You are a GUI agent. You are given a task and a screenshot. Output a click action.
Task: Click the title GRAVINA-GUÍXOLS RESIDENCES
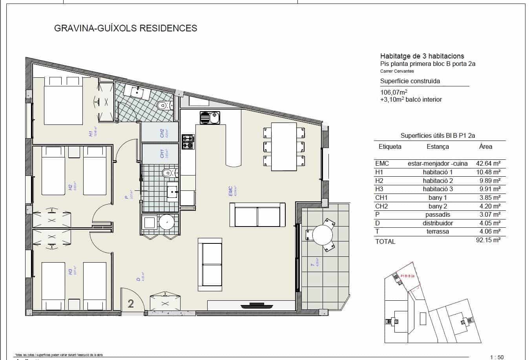click(x=125, y=28)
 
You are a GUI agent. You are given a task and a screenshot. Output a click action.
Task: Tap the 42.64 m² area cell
click(x=487, y=164)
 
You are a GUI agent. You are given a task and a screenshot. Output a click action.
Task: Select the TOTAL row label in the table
click(x=385, y=241)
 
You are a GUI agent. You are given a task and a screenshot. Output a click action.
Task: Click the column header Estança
click(x=438, y=146)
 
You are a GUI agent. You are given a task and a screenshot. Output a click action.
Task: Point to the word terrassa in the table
click(x=438, y=232)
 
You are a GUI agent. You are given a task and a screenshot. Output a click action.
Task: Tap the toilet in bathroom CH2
click(x=163, y=106)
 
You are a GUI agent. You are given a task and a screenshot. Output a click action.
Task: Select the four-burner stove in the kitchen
click(x=188, y=142)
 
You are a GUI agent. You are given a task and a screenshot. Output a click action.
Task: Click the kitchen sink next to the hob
click(x=210, y=117)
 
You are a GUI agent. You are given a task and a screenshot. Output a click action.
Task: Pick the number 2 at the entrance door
click(x=131, y=303)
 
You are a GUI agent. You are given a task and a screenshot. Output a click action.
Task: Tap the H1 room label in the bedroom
click(x=91, y=133)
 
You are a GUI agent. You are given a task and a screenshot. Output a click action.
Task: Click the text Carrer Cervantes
click(x=397, y=71)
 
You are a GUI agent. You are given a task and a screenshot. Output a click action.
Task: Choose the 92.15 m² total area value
click(x=487, y=240)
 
